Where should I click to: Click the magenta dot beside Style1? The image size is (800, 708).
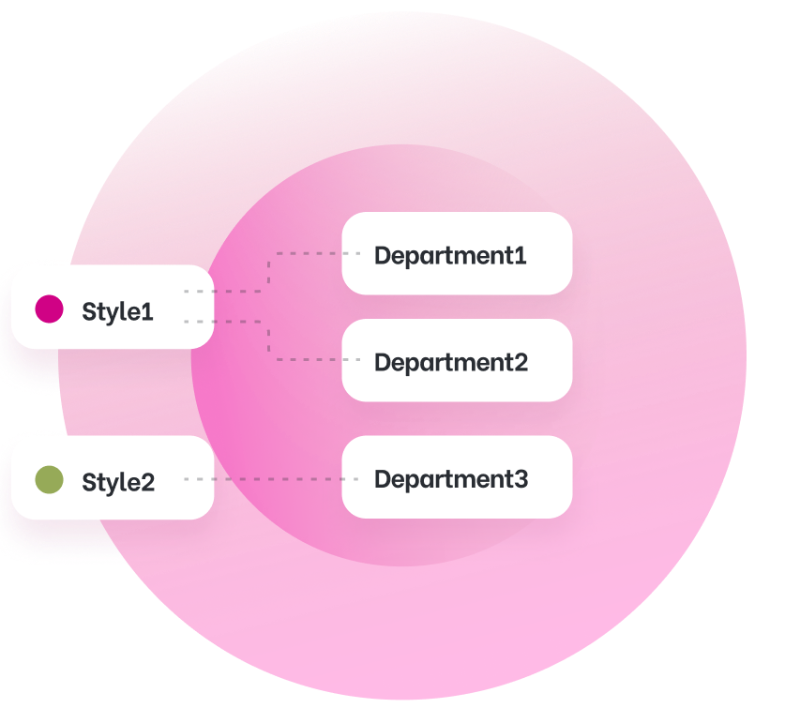pyautogui.click(x=49, y=309)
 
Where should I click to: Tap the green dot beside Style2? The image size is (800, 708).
pyautogui.click(x=49, y=480)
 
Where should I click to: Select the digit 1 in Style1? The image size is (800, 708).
pyautogui.click(x=147, y=311)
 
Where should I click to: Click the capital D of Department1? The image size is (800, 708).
pyautogui.click(x=383, y=255)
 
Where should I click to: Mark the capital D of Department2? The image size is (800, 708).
pyautogui.click(x=383, y=362)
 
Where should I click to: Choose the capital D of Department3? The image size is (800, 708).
pyautogui.click(x=383, y=479)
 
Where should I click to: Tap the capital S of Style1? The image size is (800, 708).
pyautogui.click(x=90, y=311)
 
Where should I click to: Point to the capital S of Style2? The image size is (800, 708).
pyautogui.click(x=90, y=482)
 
